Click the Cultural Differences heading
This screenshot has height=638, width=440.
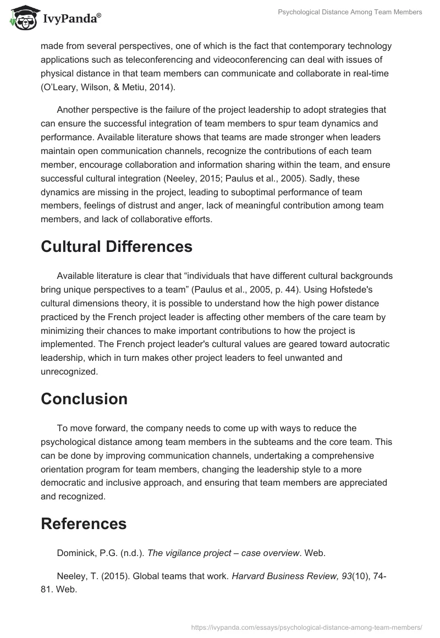point(117,246)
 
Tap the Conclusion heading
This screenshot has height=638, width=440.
point(84,398)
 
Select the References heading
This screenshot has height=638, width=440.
point(84,524)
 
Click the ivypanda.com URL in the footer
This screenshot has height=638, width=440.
point(306,626)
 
